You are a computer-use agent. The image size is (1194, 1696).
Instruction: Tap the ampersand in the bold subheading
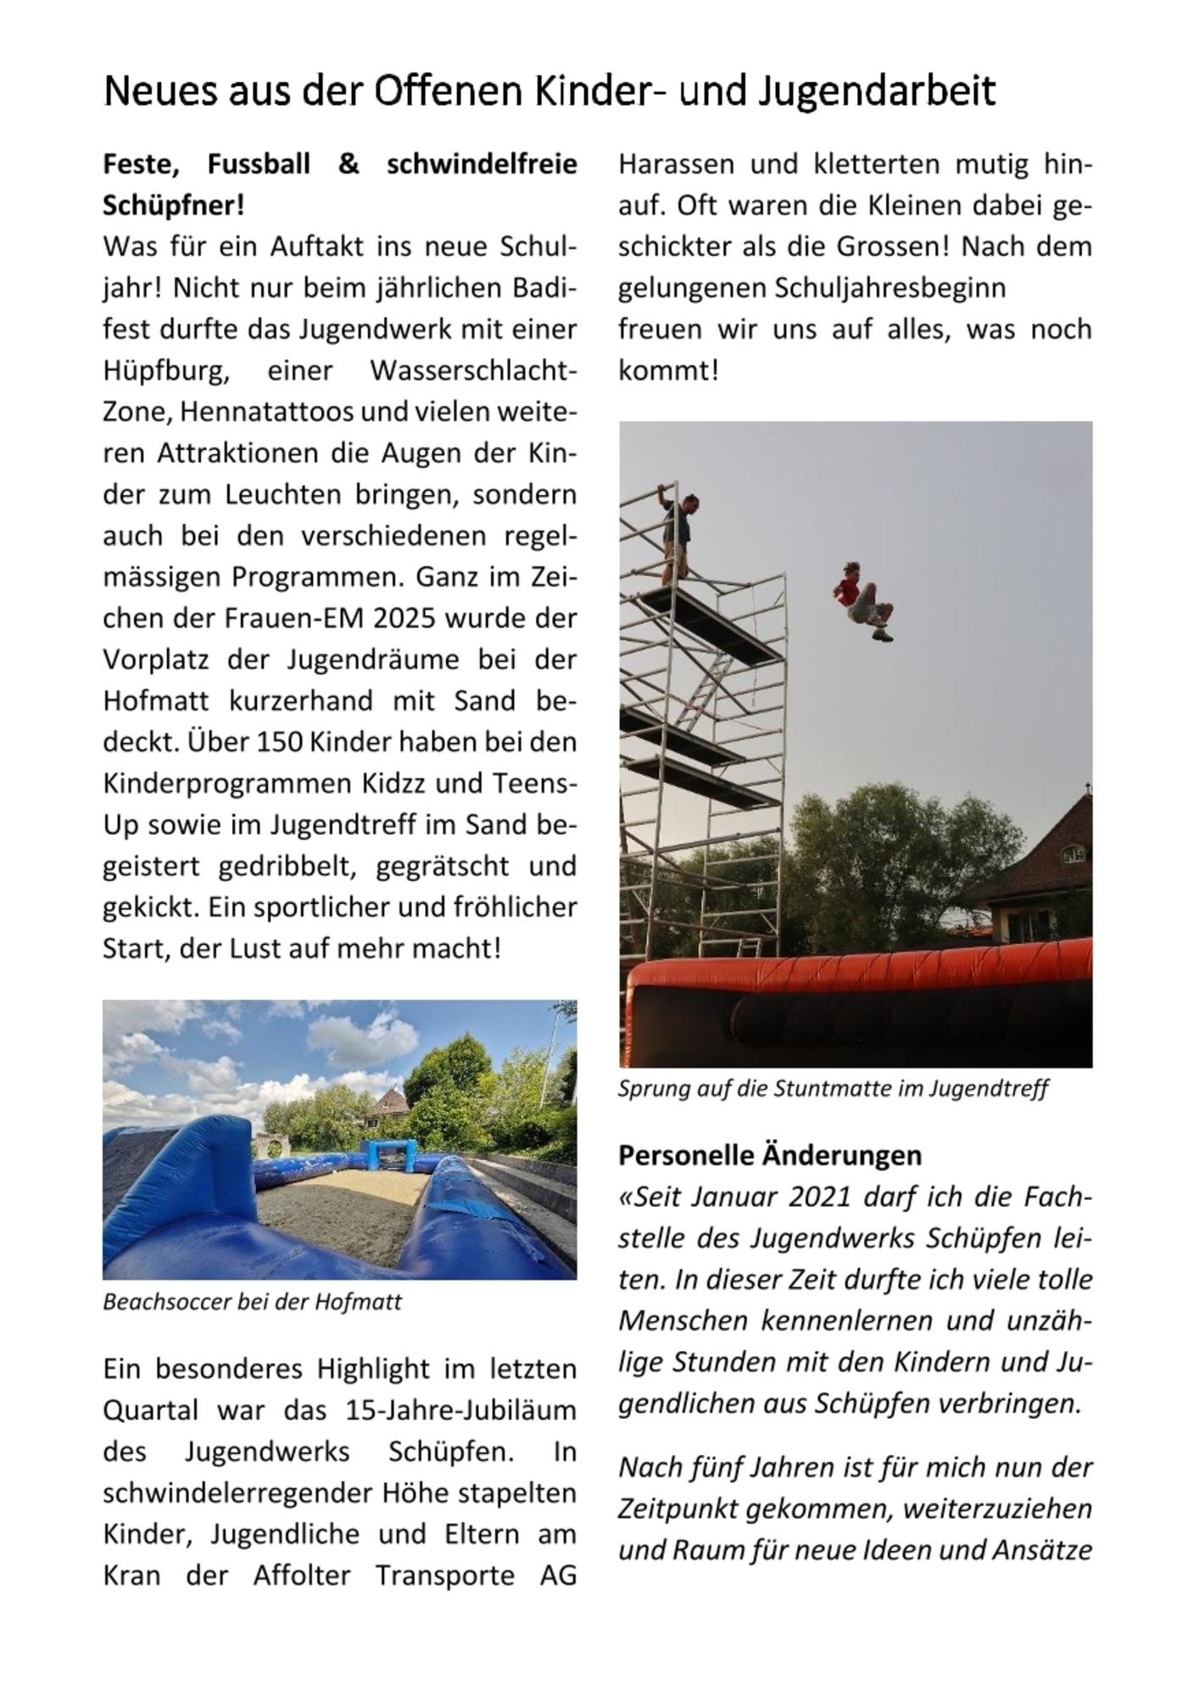click(349, 164)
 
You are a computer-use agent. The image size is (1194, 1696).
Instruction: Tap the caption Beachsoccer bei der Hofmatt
click(252, 1302)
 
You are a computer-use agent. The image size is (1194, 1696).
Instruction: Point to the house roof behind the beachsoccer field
click(393, 1102)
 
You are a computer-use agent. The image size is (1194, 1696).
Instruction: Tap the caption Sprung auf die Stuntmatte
click(833, 1088)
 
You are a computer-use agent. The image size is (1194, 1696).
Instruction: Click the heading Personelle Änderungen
click(769, 1155)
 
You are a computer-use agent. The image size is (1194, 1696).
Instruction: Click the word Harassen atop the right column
click(676, 164)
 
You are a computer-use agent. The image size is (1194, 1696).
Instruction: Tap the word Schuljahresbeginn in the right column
click(890, 288)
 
